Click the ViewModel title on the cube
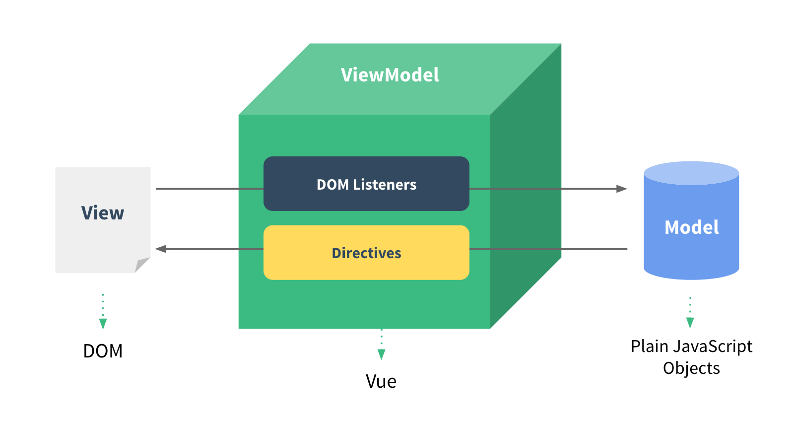390,75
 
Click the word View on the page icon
103,213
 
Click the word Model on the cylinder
691,227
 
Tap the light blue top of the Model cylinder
691,173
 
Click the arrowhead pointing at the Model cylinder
621,189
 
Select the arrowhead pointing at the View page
161,249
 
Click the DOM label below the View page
103,351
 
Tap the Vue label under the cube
381,381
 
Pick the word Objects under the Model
691,368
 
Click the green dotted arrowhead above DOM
103,324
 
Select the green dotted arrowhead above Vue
381,354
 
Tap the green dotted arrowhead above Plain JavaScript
690,323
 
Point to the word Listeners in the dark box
385,185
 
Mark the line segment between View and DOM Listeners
208,189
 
